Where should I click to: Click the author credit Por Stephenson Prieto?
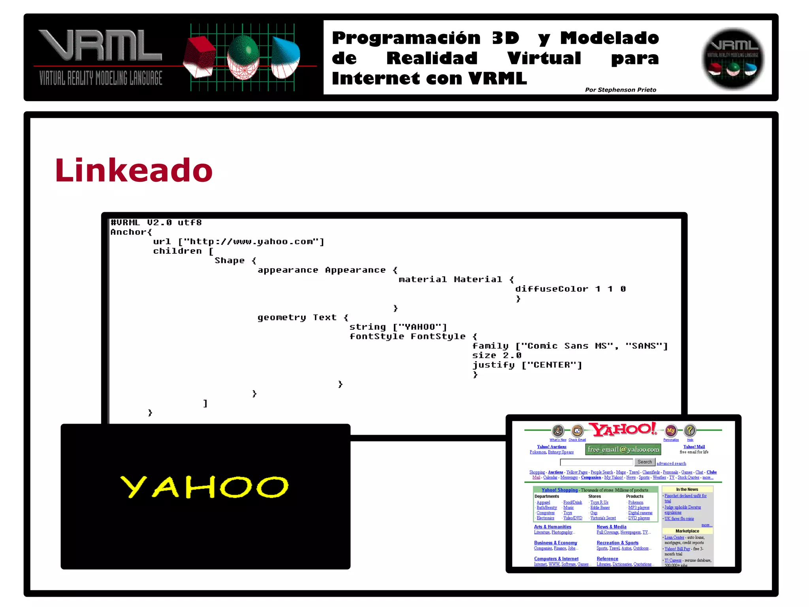tap(620, 90)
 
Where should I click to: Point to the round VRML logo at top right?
tap(733, 58)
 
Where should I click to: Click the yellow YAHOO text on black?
tap(204, 487)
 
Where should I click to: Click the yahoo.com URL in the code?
tap(251, 241)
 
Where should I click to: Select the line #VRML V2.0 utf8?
tap(156, 222)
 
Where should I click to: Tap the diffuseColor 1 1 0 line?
tap(570, 289)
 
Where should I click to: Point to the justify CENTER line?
tap(527, 365)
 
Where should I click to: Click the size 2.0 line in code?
tap(497, 355)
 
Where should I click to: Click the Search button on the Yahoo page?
tap(644, 462)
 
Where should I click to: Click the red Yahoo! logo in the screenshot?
tap(623, 430)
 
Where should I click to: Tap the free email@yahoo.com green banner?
tap(623, 449)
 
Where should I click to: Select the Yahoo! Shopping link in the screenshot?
tap(559, 490)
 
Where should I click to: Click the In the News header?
tap(687, 489)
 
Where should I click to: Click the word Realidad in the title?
tap(432, 58)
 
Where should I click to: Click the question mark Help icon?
tap(690, 430)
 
